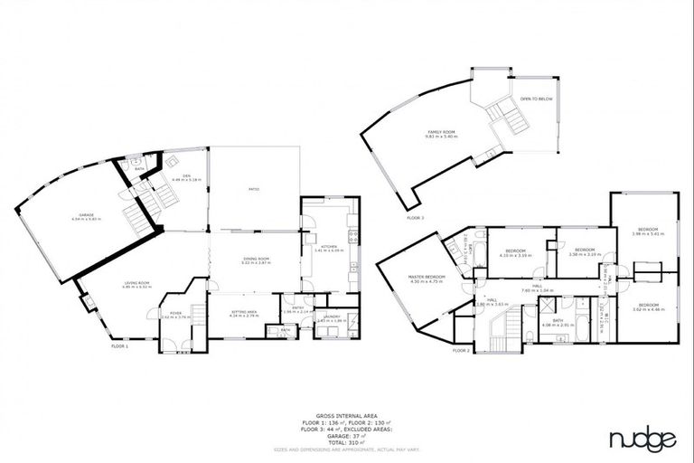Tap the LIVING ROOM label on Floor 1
137,283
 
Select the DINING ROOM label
257,259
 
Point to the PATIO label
255,189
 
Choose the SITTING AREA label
244,310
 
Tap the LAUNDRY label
326,317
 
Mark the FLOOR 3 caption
415,218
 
